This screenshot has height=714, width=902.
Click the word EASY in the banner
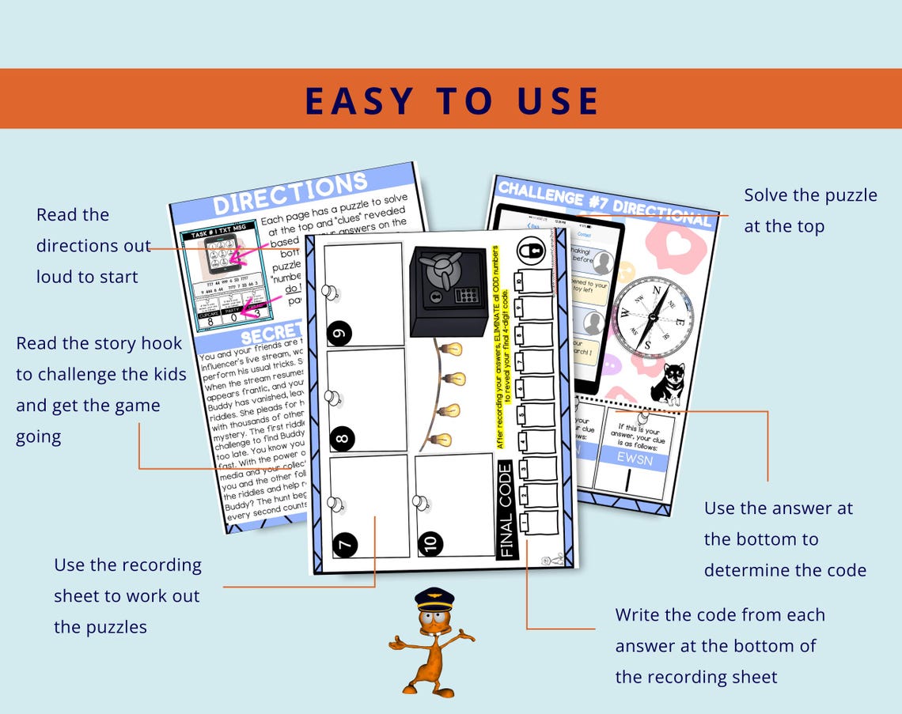[359, 101]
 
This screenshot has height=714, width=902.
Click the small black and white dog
[667, 384]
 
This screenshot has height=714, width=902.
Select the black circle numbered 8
[342, 436]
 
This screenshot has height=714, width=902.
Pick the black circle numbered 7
[346, 543]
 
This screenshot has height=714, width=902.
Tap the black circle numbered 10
[431, 542]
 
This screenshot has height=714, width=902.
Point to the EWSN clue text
[634, 459]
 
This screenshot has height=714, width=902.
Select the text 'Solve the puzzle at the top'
[809, 210]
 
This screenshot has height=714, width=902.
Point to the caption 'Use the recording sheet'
[127, 595]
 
